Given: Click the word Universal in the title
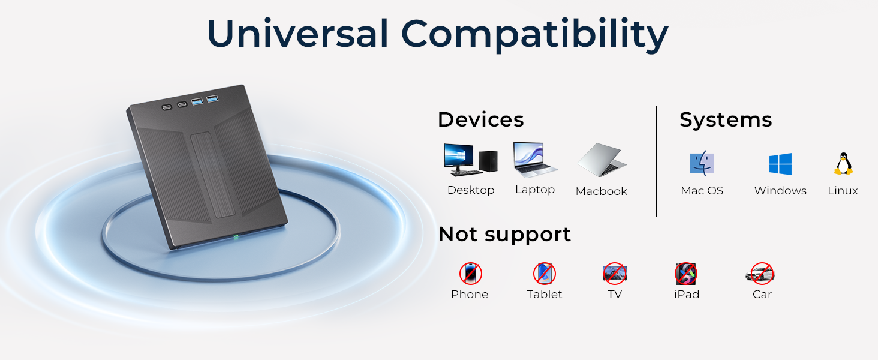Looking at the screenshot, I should point(297,34).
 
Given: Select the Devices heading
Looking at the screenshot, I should point(480,119).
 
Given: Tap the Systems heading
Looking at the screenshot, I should point(726,119).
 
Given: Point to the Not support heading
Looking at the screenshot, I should point(504,234).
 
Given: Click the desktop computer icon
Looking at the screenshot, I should point(470,160).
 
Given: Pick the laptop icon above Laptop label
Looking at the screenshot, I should point(535,160).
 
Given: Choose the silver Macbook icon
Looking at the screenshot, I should point(602,161).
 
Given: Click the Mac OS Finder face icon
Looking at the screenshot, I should point(702,163).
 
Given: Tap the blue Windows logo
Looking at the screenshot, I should point(780,164).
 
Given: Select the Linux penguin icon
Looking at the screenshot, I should point(843,163).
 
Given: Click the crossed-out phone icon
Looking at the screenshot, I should point(470,274).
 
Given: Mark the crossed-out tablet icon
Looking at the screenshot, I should point(544,274).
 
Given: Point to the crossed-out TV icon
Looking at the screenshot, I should point(615,274).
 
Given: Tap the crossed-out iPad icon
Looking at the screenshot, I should point(686,274).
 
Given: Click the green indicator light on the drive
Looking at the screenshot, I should point(236,237).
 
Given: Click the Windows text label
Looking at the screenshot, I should point(780,191).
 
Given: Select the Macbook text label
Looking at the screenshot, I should point(602,191).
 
